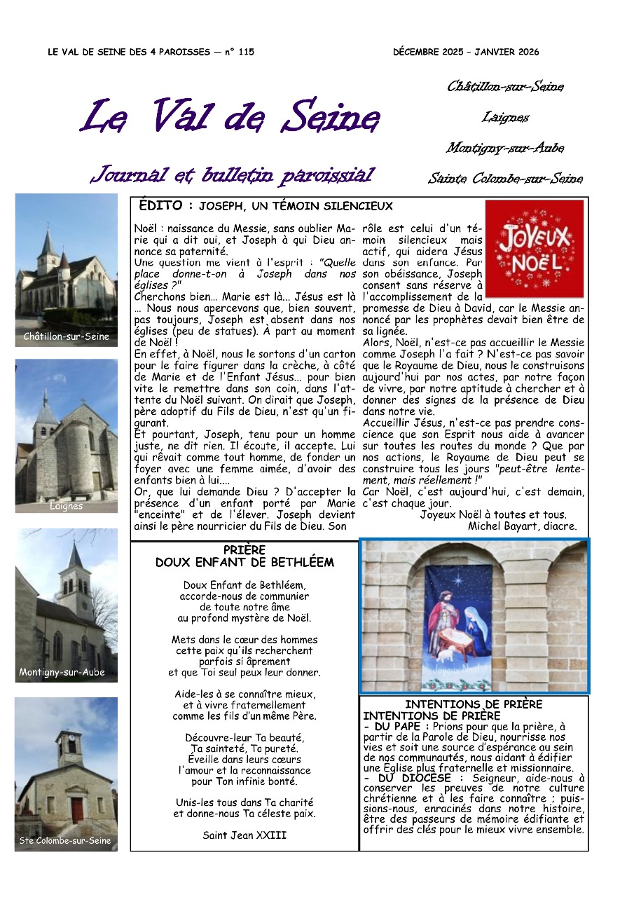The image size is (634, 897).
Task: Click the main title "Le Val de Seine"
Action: tap(230, 116)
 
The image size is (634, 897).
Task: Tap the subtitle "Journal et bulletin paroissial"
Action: tap(232, 174)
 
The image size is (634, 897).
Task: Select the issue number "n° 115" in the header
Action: tap(240, 52)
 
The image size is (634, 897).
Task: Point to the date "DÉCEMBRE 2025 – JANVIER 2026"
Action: tap(466, 52)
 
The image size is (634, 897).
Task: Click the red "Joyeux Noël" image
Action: tap(534, 249)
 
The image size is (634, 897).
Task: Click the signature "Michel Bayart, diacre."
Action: tap(522, 526)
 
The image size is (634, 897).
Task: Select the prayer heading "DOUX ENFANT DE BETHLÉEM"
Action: tap(244, 562)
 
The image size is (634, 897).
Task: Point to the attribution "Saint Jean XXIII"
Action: tap(244, 835)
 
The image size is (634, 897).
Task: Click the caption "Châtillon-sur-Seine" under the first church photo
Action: tap(67, 336)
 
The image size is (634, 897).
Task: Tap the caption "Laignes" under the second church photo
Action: tap(67, 505)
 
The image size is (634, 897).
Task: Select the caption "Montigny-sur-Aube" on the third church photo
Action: tap(62, 672)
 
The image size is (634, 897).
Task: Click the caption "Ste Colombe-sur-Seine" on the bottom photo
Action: tap(65, 840)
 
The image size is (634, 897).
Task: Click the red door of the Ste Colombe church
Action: tap(77, 810)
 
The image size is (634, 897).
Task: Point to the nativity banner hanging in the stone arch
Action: tap(459, 620)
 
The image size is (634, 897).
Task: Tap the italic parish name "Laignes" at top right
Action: tap(505, 118)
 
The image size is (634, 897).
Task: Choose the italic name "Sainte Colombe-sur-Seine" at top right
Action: tap(505, 179)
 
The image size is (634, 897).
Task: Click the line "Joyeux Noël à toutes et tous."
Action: tap(493, 514)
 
